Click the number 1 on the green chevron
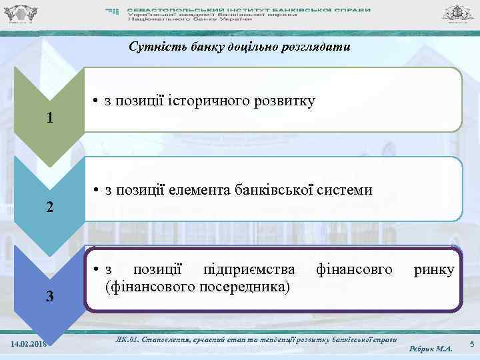point(49,119)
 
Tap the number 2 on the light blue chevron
point(49,207)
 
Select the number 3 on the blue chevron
point(49,296)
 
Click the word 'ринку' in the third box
point(434,270)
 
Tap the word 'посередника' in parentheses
point(249,287)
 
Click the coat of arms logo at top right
point(459,13)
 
